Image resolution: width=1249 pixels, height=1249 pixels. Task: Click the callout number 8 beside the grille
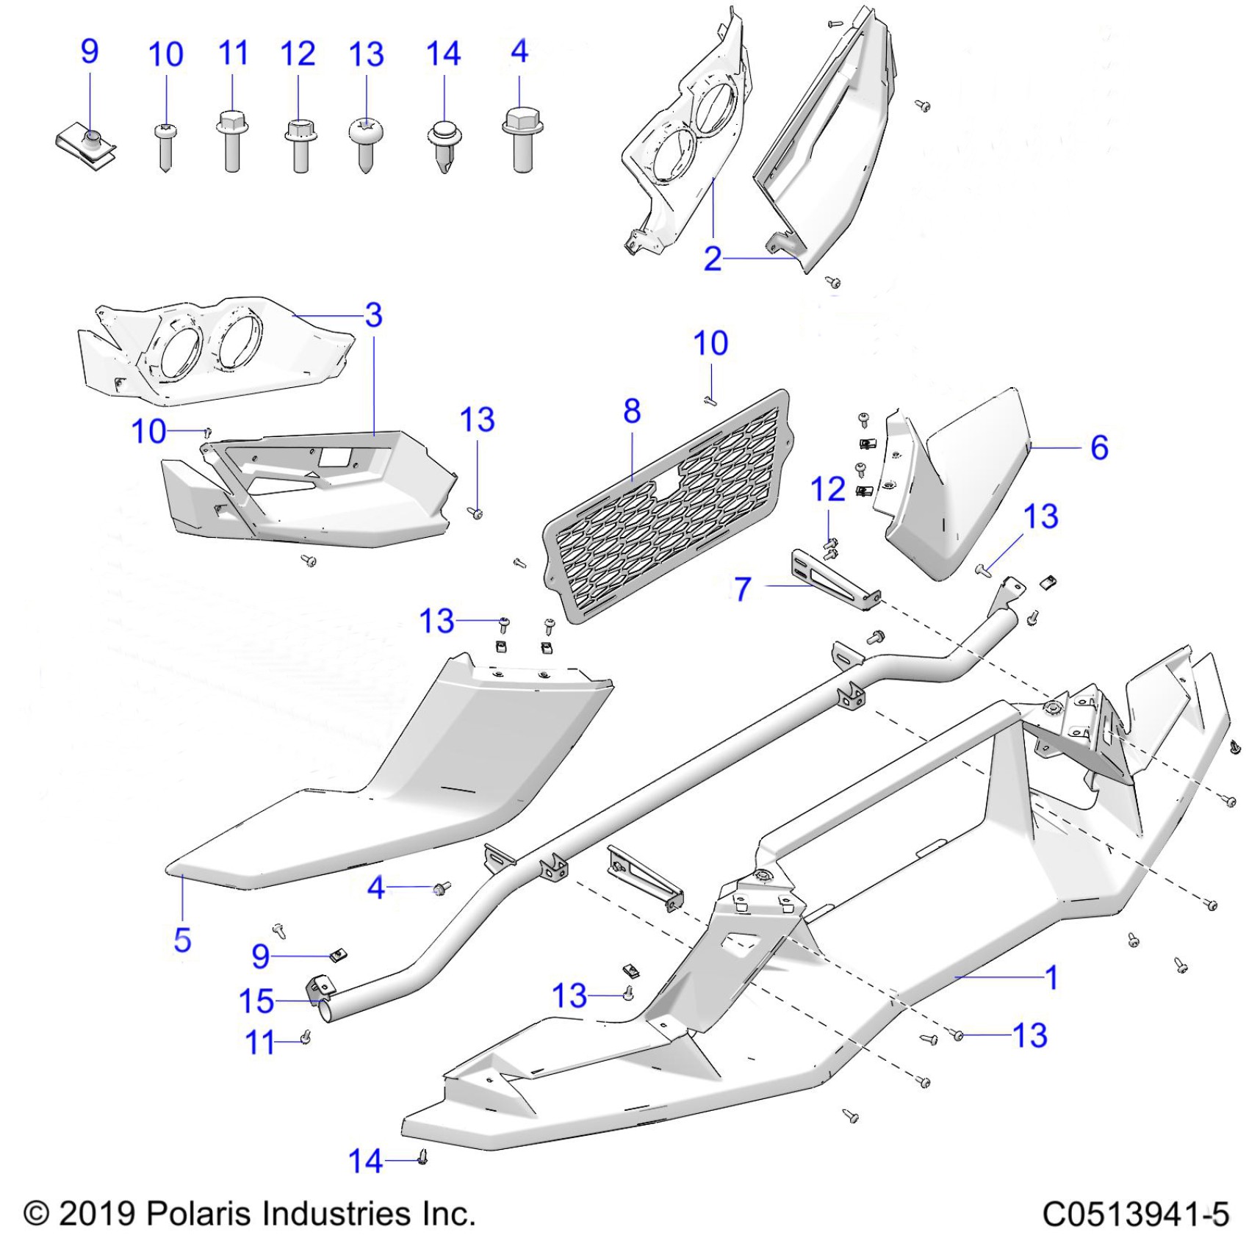632,412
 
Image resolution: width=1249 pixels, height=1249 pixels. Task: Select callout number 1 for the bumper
1052,977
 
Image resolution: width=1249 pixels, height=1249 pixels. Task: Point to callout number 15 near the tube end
256,1001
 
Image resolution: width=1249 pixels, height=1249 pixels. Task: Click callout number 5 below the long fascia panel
182,940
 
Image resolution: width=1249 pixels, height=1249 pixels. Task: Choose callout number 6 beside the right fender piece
1099,447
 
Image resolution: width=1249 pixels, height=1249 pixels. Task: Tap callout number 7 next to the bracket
744,588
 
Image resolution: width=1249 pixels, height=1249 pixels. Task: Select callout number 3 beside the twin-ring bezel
374,315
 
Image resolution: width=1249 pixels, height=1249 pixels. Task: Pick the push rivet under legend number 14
443,147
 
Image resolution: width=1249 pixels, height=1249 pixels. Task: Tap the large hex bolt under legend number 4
522,140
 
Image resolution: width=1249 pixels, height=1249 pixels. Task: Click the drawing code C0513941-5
1135,1214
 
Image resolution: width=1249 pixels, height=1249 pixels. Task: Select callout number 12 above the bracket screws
828,490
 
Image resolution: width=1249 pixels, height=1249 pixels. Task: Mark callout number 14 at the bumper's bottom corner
365,1162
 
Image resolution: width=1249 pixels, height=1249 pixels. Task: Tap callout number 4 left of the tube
376,888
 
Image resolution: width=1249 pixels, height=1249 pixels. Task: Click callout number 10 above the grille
710,344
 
